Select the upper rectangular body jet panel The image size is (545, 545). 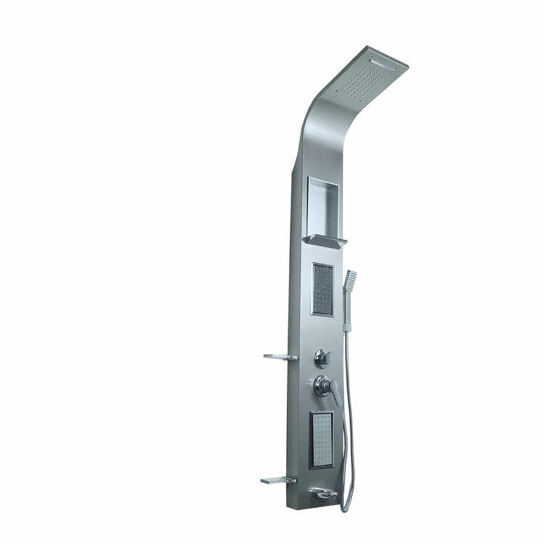[x=322, y=289]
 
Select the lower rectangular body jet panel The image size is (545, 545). [x=322, y=439]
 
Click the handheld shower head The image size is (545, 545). [x=350, y=279]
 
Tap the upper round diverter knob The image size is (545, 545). [x=322, y=357]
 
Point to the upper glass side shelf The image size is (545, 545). [x=279, y=357]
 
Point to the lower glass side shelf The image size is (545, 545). [x=277, y=480]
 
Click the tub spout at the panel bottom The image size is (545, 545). [x=324, y=494]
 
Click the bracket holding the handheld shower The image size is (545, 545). [x=347, y=327]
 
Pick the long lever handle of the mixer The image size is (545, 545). [x=334, y=394]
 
